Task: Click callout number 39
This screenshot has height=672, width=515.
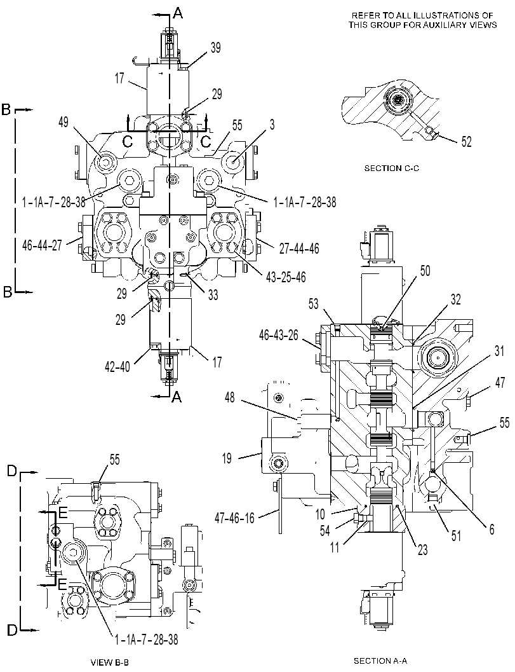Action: (215, 48)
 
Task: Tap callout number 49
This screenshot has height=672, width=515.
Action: (64, 123)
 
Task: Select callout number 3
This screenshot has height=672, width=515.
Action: (272, 125)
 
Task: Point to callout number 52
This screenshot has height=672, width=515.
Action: (466, 142)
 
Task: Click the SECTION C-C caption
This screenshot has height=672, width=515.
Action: (392, 168)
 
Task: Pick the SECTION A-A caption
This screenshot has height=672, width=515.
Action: (380, 661)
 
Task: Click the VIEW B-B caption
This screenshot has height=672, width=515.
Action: (110, 662)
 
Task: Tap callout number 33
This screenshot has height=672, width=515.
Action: (213, 294)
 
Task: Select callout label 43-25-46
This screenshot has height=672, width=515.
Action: (286, 277)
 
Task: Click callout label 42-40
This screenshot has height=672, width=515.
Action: (117, 367)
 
